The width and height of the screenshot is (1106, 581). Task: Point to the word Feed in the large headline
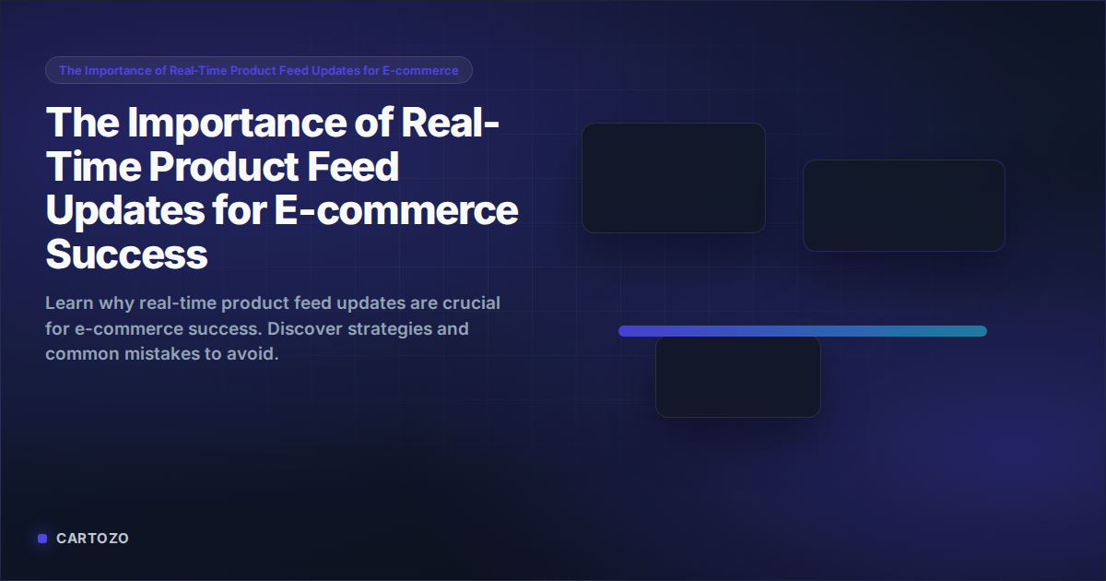coord(357,167)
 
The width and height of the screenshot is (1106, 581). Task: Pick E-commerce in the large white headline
coord(396,210)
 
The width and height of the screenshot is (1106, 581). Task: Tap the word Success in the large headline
coord(126,254)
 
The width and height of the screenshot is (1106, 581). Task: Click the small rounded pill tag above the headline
coord(258,70)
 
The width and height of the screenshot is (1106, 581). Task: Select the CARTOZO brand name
coord(92,539)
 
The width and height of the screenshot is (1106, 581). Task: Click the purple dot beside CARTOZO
coord(41,539)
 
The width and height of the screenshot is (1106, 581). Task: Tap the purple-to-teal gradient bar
coord(802,331)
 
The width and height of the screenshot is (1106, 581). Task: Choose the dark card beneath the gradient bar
coord(737,378)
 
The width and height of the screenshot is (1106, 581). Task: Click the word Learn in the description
coord(69,303)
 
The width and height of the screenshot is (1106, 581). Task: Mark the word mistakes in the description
coord(152,353)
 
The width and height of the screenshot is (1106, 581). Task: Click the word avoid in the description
coord(253,353)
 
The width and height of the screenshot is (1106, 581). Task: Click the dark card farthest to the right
coord(903,205)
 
